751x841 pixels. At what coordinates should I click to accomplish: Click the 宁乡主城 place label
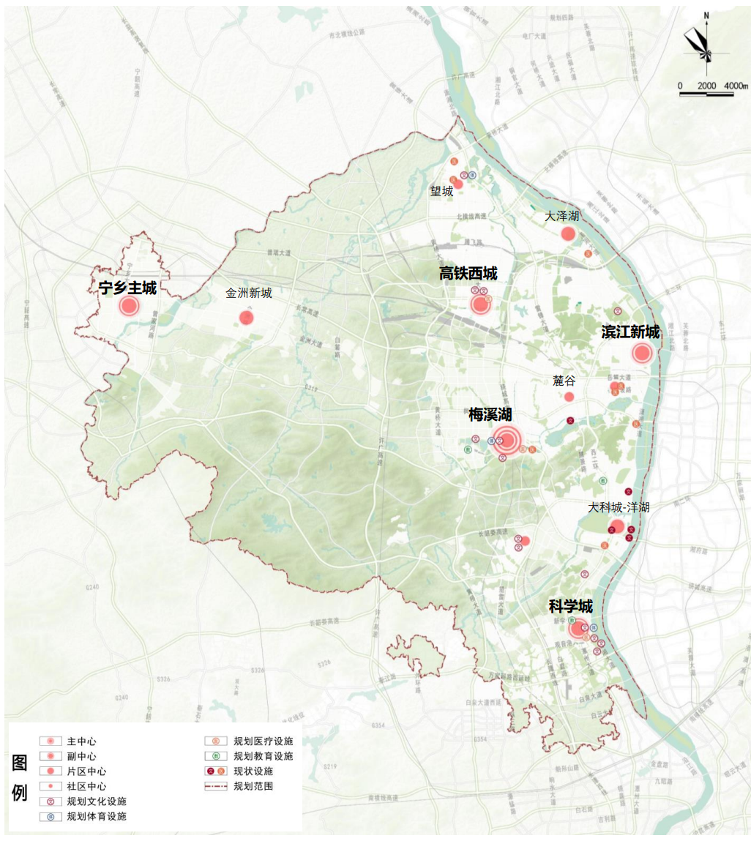click(127, 288)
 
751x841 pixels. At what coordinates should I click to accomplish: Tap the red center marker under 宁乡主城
click(130, 306)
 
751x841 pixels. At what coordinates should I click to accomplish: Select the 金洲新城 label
click(248, 294)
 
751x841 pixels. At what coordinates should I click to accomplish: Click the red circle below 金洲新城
click(246, 318)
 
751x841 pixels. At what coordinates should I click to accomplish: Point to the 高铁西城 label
click(468, 274)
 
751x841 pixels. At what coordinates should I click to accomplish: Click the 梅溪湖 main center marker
click(507, 440)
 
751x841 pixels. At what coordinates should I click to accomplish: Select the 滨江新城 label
click(630, 332)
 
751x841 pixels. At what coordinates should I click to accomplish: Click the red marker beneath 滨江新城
click(642, 354)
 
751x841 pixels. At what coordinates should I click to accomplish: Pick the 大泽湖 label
click(561, 217)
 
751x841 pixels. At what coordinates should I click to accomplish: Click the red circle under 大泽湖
click(568, 234)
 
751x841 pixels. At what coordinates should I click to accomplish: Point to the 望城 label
click(441, 192)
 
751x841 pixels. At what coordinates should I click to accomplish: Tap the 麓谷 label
click(564, 381)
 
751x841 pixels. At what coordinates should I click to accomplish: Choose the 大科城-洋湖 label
click(619, 507)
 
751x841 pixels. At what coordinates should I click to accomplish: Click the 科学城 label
click(570, 607)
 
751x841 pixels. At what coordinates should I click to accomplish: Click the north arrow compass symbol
click(704, 46)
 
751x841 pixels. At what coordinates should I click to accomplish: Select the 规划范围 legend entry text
click(253, 786)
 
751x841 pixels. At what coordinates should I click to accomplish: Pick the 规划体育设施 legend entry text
click(96, 816)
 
